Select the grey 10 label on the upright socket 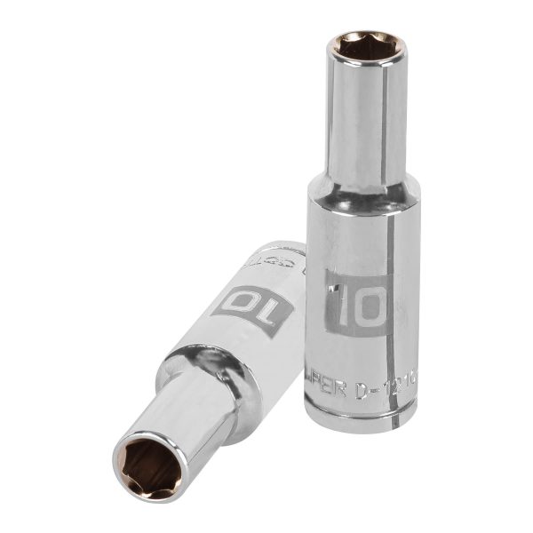click(356, 303)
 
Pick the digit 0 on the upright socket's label click(372, 304)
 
